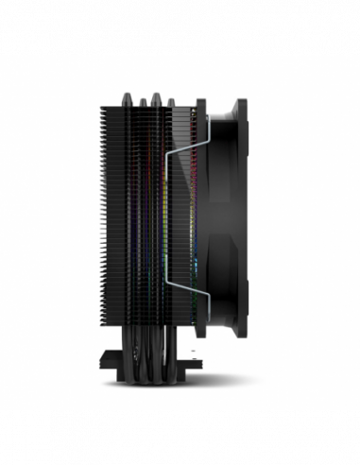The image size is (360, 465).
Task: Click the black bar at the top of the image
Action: point(180,26)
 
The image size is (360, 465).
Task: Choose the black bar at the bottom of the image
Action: point(180,437)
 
